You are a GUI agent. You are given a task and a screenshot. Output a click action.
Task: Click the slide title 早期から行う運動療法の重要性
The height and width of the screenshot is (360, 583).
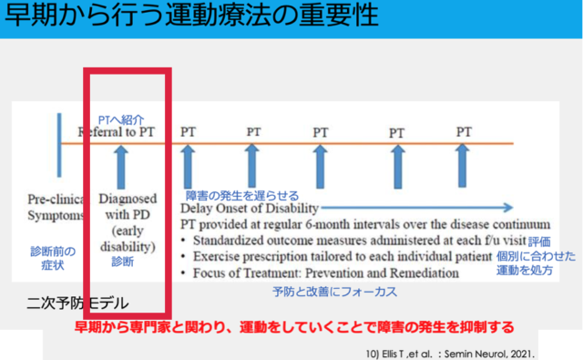tap(192, 16)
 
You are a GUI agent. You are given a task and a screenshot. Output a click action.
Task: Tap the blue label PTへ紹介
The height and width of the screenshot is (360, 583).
tap(121, 119)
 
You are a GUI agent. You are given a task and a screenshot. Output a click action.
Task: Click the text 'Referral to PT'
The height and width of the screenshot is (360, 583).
tap(116, 132)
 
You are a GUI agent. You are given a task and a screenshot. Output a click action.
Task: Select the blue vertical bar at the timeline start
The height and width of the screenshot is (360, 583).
tap(59, 145)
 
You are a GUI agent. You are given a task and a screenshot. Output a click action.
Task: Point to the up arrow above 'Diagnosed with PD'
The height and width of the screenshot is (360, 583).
tap(121, 167)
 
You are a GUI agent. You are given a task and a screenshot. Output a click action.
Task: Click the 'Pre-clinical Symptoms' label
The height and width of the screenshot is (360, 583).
tap(56, 207)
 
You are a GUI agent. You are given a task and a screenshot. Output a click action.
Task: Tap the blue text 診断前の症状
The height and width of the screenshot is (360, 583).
tap(53, 258)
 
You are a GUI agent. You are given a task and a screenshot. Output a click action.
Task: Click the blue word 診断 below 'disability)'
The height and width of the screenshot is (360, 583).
tap(123, 262)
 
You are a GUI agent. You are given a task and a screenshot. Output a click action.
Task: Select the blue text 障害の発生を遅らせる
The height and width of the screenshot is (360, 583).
tap(242, 196)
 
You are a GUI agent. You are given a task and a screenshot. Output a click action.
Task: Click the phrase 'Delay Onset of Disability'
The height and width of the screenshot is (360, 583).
tap(250, 209)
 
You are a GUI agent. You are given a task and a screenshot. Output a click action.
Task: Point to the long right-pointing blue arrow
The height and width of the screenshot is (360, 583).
tap(417, 208)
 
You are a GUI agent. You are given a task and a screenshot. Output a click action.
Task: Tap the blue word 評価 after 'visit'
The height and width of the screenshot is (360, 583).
tap(539, 242)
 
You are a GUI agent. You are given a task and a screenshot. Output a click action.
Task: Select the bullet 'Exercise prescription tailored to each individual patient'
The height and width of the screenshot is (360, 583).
tap(336, 257)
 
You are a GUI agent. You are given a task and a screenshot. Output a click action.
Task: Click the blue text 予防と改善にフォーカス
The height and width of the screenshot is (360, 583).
tap(334, 292)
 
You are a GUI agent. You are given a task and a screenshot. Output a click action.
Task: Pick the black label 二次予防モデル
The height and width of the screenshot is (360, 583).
tap(77, 303)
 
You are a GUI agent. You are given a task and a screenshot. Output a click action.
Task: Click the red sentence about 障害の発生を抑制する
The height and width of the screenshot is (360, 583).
tap(294, 327)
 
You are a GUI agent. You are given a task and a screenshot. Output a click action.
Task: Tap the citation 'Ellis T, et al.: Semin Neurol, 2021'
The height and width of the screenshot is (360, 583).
tap(450, 354)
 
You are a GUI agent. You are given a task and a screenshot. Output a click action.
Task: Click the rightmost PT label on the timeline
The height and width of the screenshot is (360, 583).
tap(464, 132)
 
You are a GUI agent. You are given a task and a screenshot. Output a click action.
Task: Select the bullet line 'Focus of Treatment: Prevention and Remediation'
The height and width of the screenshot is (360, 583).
tap(320, 273)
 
